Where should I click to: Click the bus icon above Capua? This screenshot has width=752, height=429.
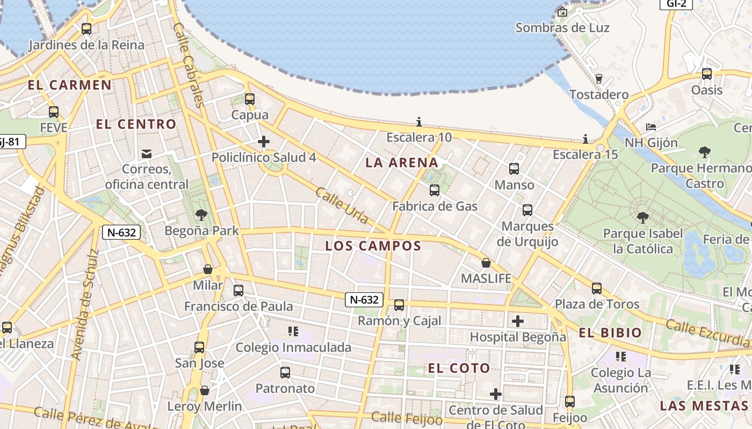(x=249, y=99)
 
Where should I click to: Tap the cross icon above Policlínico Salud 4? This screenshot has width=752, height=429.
(x=264, y=142)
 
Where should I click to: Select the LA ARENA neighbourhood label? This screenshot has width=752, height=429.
(x=402, y=162)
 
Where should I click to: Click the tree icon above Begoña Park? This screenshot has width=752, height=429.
(x=201, y=215)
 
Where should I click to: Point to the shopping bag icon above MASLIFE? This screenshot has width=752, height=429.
(x=486, y=263)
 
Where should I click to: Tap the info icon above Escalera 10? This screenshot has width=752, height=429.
(x=419, y=122)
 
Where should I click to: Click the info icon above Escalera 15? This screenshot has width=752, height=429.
(x=585, y=139)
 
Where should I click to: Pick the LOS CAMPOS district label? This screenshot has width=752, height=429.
(x=373, y=246)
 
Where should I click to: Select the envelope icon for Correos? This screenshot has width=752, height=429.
(x=146, y=154)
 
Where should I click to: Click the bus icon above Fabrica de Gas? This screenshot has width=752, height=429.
(x=435, y=190)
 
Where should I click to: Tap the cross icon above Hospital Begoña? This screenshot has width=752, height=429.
(x=518, y=321)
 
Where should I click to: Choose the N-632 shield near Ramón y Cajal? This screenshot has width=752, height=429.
(x=364, y=300)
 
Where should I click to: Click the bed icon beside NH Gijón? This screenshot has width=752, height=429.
(x=651, y=128)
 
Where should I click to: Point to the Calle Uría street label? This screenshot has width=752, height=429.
(x=342, y=205)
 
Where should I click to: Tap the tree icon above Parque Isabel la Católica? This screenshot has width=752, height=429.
(x=642, y=217)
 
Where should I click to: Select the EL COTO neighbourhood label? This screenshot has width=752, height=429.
(x=459, y=368)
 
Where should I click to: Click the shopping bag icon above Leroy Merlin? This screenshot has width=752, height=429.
(x=205, y=390)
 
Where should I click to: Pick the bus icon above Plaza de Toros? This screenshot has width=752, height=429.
(x=597, y=289)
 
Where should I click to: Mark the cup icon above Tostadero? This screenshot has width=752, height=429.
(x=599, y=79)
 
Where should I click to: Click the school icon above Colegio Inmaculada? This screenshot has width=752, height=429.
(x=293, y=331)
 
